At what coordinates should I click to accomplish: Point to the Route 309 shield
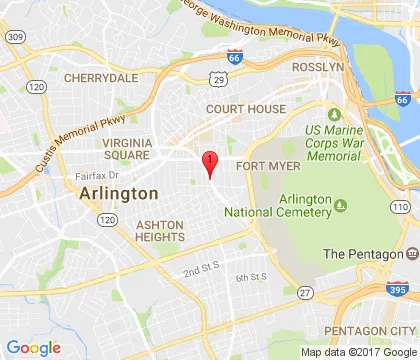pos(14,36)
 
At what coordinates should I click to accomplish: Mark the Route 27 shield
pos(305,293)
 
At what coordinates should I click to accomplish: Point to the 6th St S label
pos(250,276)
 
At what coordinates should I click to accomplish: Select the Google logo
pos(33,347)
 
